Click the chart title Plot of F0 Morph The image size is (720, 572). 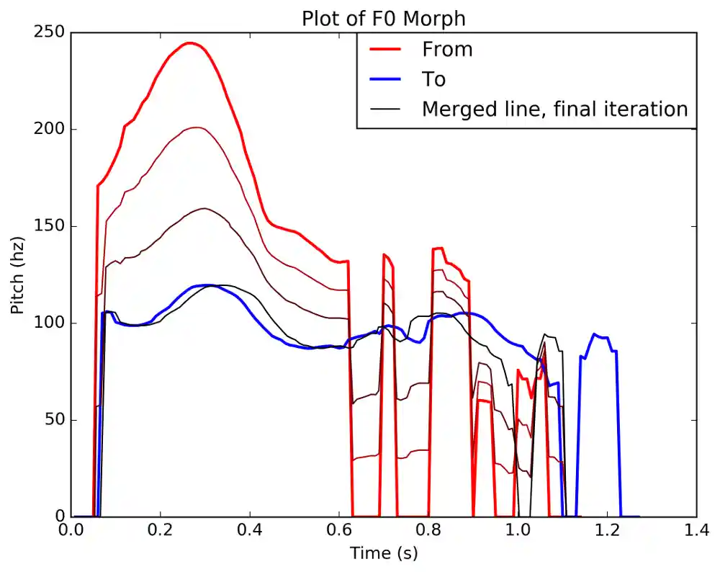pyautogui.click(x=383, y=18)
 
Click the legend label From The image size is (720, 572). pyautogui.click(x=447, y=50)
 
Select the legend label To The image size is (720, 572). pyautogui.click(x=433, y=79)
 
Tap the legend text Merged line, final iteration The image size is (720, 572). pyautogui.click(x=555, y=109)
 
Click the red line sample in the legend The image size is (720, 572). pyautogui.click(x=384, y=50)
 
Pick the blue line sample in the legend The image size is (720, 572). pyautogui.click(x=384, y=79)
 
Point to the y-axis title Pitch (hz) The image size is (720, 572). pyautogui.click(x=17, y=274)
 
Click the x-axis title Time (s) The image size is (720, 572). pyautogui.click(x=383, y=553)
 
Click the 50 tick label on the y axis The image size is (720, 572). pyautogui.click(x=55, y=420)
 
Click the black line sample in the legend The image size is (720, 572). pyautogui.click(x=384, y=109)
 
